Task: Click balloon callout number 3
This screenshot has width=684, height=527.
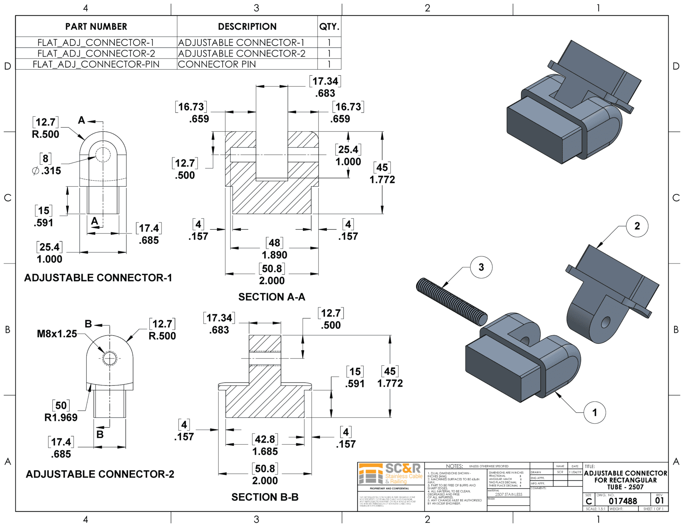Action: tap(481, 267)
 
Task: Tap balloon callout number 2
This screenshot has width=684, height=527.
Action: tap(637, 226)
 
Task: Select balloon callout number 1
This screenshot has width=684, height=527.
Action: tap(594, 413)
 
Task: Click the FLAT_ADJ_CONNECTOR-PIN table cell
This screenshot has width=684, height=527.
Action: tap(96, 64)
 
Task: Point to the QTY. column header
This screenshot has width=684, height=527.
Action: tap(329, 27)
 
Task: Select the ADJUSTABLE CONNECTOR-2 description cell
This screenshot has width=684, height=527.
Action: tap(242, 54)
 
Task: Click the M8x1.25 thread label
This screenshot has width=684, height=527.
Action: tap(57, 334)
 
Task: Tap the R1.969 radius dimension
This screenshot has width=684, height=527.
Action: tap(61, 417)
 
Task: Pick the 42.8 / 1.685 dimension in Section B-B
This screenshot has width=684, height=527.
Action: tap(265, 445)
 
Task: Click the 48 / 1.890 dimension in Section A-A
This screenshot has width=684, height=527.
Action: tap(274, 249)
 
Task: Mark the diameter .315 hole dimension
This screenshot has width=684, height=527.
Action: tap(47, 171)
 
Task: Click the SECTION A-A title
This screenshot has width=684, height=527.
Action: tap(272, 297)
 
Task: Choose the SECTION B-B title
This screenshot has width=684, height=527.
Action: tap(265, 497)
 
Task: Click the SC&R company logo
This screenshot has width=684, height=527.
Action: tap(391, 474)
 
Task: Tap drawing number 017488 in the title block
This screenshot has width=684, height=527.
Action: tap(622, 501)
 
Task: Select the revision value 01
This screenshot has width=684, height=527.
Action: tap(659, 501)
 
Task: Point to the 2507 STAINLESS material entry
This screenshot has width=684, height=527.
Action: tap(508, 494)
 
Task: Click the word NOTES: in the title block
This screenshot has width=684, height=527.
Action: tap(454, 466)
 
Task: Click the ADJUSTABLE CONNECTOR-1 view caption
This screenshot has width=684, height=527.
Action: tap(98, 278)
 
